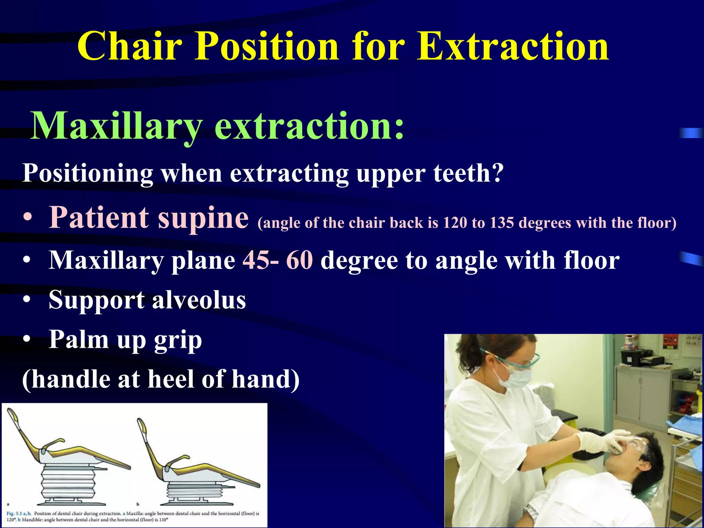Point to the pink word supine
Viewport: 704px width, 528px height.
click(x=203, y=218)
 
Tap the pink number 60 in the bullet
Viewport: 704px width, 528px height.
click(x=299, y=260)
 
